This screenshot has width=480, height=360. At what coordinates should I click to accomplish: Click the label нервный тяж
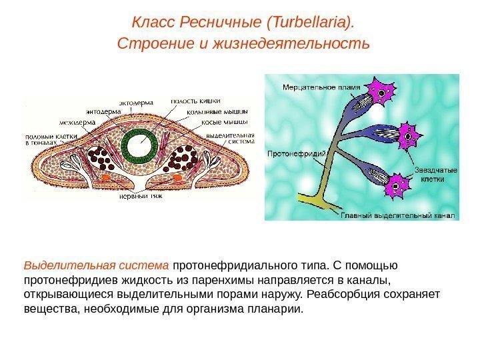pyautogui.click(x=139, y=197)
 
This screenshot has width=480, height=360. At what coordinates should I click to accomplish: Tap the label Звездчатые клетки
pyautogui.click(x=436, y=175)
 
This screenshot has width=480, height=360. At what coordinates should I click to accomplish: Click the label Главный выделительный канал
pyautogui.click(x=397, y=215)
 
